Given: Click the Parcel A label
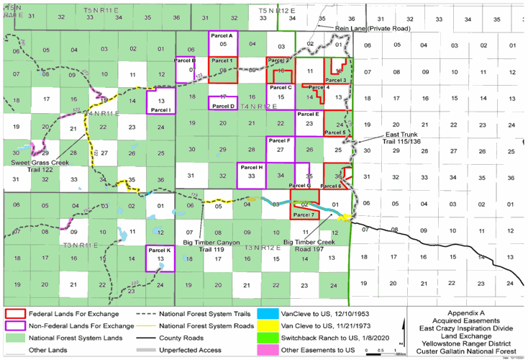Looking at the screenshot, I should pos(223,35).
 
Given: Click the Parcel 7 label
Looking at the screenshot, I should pos(304,215).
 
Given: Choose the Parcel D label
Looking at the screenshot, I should pos(225,106).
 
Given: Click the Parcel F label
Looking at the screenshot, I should pos(279,140).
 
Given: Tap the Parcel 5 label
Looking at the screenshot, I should pos(334,132).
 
